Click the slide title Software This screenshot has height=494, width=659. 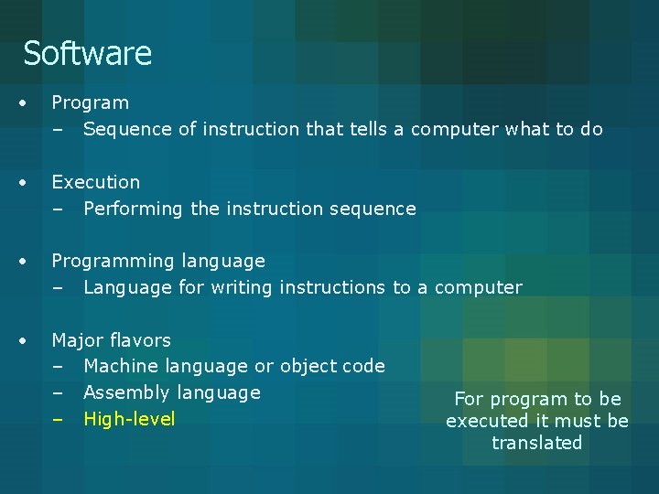pyautogui.click(x=87, y=53)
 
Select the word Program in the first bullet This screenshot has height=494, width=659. pyautogui.click(x=90, y=103)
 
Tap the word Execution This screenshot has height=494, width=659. pyautogui.click(x=95, y=182)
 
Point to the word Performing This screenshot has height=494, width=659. pyautogui.click(x=133, y=209)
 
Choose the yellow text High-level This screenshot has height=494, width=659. pyautogui.click(x=129, y=419)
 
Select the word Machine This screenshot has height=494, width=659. pyautogui.click(x=120, y=366)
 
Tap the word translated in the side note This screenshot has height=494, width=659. pyautogui.click(x=537, y=443)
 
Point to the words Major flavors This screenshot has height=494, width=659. pyautogui.click(x=111, y=340)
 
